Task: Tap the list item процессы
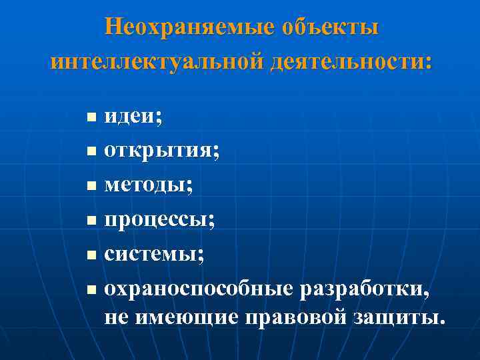coord(159,219)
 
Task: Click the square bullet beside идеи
coord(91,118)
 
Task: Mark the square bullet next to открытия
coord(91,152)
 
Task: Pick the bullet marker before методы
coord(91,186)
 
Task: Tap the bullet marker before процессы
coord(91,220)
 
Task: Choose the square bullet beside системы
coord(91,254)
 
